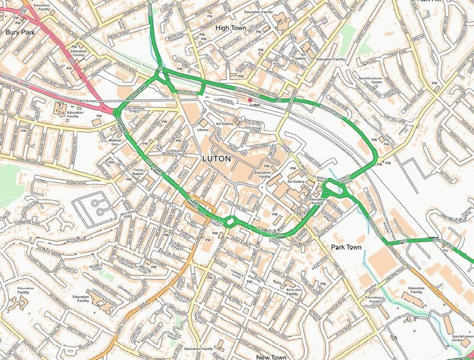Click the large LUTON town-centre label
pyautogui.click(x=216, y=159)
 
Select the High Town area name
pyautogui.click(x=230, y=28)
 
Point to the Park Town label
pyautogui.click(x=346, y=246)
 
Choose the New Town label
pyautogui.click(x=271, y=357)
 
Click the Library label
pyautogui.click(x=203, y=128)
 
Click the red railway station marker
pyautogui.click(x=249, y=100)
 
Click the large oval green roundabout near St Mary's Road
pyautogui.click(x=335, y=190)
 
